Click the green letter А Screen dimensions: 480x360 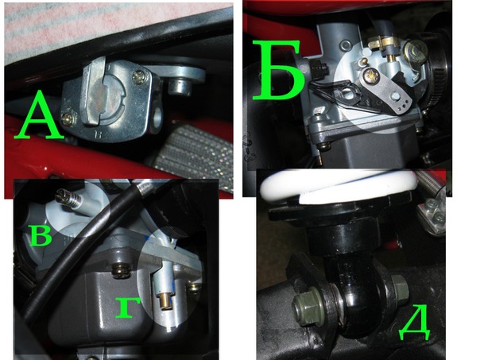38,115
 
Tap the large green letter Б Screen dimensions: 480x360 279,72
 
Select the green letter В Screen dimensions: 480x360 41,235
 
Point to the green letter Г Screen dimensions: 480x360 128,307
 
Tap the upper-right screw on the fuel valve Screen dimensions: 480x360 138,76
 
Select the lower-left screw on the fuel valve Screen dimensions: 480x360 68,118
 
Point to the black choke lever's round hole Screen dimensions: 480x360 347,93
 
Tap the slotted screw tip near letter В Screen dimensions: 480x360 61,194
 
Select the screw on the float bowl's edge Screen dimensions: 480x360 120,271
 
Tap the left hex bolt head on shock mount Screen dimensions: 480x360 305,305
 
